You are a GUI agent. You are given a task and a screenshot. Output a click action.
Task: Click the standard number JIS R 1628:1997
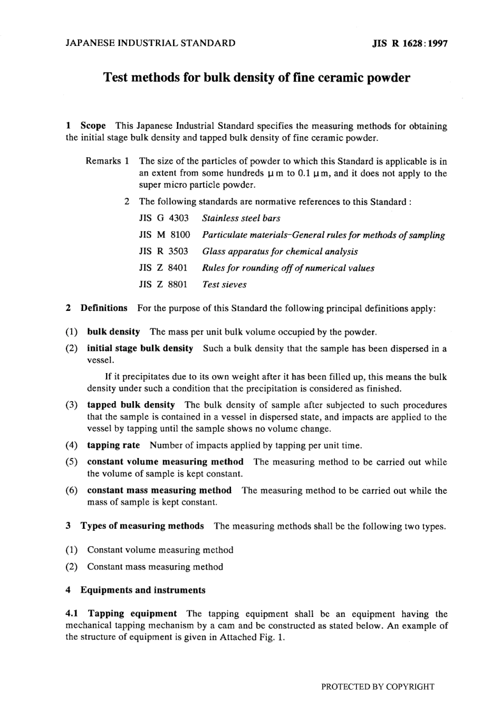pos(410,44)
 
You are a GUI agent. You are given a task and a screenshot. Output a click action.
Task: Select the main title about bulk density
pos(256,78)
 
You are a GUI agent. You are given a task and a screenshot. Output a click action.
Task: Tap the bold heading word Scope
pos(93,126)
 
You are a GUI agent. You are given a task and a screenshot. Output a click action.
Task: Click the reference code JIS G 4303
pos(163,218)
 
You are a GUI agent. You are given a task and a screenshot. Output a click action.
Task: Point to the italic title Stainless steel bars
pos(241,218)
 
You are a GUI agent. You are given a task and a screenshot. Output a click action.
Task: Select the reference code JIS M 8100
pos(164,235)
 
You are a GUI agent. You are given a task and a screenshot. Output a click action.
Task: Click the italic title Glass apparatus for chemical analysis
pos(280,252)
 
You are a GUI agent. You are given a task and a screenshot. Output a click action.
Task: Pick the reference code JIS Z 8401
pos(163,268)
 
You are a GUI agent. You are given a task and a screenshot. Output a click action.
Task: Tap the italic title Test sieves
pos(224,285)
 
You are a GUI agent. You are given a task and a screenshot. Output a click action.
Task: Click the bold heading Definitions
pos(104,308)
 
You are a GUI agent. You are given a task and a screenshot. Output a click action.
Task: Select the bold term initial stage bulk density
pos(140,348)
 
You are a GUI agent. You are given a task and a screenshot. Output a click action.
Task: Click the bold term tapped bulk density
pos(131,405)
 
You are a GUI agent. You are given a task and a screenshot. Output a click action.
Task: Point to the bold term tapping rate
pos(113,445)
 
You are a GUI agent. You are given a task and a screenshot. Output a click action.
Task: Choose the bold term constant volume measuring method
pos(165,462)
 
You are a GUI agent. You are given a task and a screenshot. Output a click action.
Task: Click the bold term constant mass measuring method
pos(159,490)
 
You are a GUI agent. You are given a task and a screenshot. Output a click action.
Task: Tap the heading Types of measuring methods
pos(142,526)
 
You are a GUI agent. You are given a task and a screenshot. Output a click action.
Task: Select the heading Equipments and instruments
pos(142,590)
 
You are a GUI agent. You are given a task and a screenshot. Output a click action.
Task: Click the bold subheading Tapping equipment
pos(132,614)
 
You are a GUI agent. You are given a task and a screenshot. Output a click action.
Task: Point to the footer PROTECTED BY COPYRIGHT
pos(378,687)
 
